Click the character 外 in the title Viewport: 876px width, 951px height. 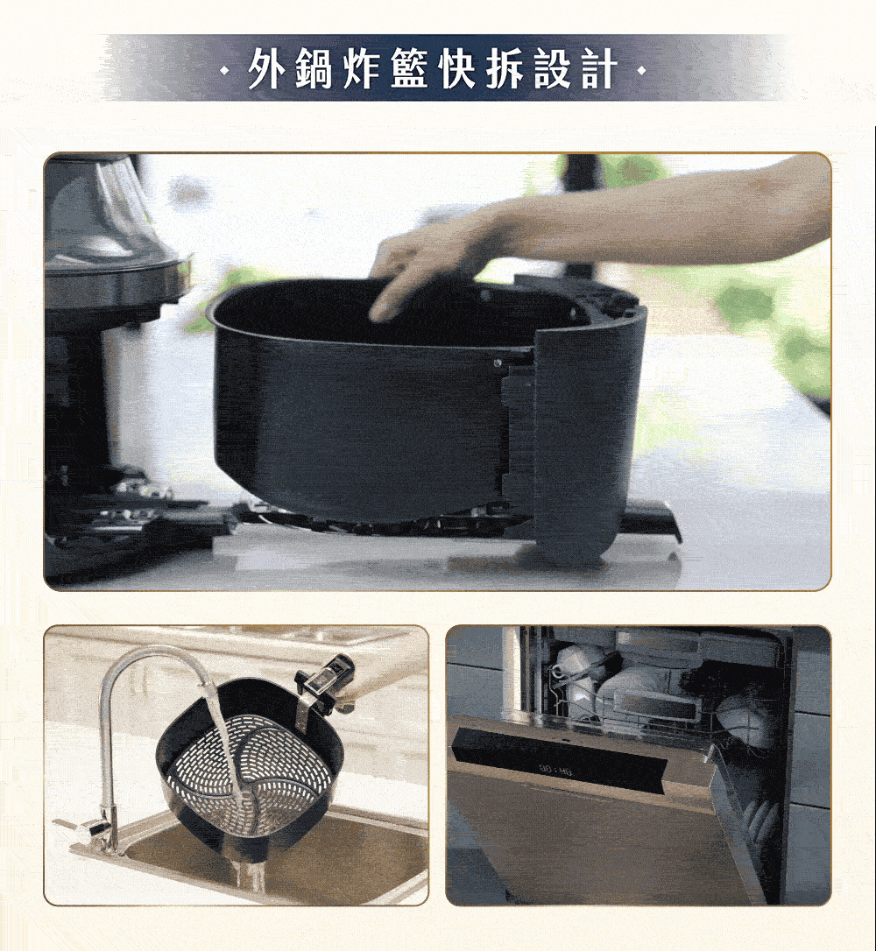click(x=266, y=68)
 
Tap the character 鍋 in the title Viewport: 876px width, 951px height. click(x=314, y=68)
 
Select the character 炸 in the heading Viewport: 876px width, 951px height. click(x=362, y=68)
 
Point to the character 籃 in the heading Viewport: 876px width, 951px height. click(x=409, y=68)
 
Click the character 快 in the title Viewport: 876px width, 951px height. click(x=456, y=68)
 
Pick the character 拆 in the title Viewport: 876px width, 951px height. click(x=505, y=68)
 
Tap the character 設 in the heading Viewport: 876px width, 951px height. click(x=552, y=68)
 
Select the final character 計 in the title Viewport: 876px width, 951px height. click(x=600, y=68)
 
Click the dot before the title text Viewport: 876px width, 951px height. click(x=226, y=72)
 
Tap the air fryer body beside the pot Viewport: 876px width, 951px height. click(x=103, y=340)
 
